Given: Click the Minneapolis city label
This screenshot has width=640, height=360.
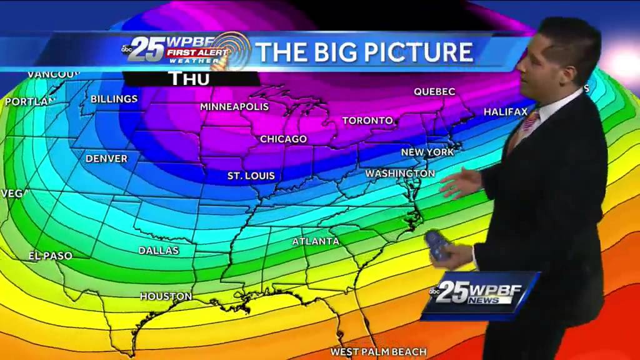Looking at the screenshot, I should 234,107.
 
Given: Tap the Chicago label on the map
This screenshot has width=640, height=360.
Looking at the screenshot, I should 283,139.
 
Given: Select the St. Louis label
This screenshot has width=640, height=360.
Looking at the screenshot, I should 251,176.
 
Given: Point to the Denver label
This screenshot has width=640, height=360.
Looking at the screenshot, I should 106,159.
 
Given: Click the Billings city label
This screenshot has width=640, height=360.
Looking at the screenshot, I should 114,99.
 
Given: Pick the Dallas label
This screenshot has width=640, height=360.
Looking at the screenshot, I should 159,251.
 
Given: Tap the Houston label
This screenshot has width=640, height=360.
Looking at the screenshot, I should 166,296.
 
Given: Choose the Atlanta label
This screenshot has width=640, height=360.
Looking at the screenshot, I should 316,241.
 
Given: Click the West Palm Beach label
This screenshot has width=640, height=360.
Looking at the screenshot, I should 379,352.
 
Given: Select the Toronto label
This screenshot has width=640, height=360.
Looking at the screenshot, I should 367,120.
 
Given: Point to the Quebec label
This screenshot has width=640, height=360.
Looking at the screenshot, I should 434,92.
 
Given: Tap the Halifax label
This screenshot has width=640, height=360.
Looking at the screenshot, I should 506,112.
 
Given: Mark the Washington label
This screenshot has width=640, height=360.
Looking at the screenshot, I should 400,173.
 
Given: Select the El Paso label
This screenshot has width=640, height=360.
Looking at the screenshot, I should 51,256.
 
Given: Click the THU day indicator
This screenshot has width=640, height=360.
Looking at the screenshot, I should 190,79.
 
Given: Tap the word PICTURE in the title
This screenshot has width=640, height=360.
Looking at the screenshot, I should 418,52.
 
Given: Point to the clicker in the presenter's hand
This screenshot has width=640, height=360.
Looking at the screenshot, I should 437,246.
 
